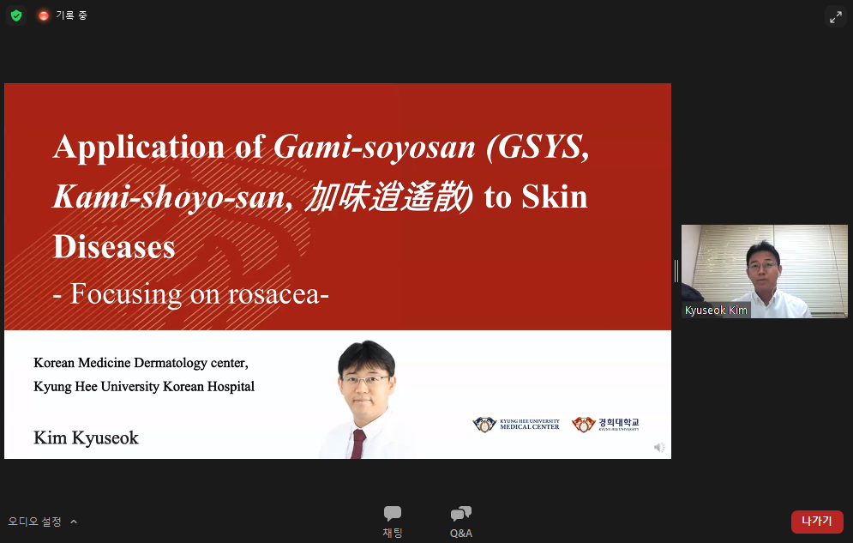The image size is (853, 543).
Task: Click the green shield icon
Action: (x=16, y=15)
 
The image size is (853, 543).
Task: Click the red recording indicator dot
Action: (x=44, y=15)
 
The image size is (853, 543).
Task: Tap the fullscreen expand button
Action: (x=835, y=16)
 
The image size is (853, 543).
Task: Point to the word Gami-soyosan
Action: (x=375, y=147)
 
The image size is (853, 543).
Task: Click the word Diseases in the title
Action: (x=114, y=247)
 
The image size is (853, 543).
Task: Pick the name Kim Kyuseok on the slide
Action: (x=86, y=438)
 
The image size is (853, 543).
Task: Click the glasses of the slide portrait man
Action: (x=365, y=379)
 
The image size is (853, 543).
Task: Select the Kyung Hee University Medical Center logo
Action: (x=516, y=425)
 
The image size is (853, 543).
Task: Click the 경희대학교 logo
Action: (x=605, y=425)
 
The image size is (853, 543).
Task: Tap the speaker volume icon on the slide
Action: (x=659, y=447)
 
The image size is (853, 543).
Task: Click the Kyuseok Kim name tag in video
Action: (x=716, y=311)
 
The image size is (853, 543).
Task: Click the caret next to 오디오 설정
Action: (x=74, y=522)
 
